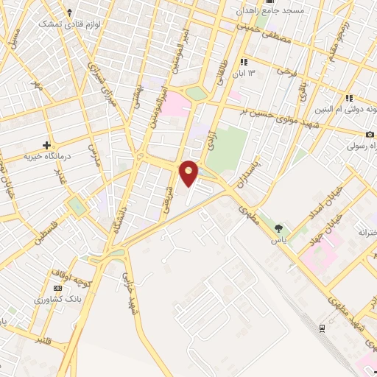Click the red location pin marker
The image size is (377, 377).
(x=190, y=172)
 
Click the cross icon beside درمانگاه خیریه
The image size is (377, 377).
(x=47, y=145)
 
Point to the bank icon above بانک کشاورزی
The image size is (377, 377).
(x=57, y=288)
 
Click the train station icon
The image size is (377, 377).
(x=323, y=328)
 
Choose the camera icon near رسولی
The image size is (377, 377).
(x=369, y=135)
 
